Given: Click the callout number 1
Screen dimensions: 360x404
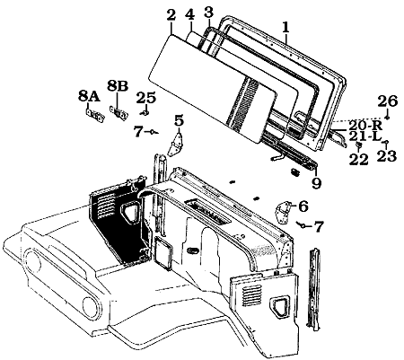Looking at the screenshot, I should click(285, 27).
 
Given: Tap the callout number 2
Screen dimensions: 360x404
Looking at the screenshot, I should click(171, 15).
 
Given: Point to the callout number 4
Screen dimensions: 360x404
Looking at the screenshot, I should click(189, 15).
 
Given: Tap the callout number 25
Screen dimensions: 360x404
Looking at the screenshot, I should click(146, 97).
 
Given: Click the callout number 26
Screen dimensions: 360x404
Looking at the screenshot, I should click(387, 101).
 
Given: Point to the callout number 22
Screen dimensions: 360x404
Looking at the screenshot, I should click(358, 160).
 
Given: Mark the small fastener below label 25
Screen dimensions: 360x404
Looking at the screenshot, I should click(145, 113).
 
